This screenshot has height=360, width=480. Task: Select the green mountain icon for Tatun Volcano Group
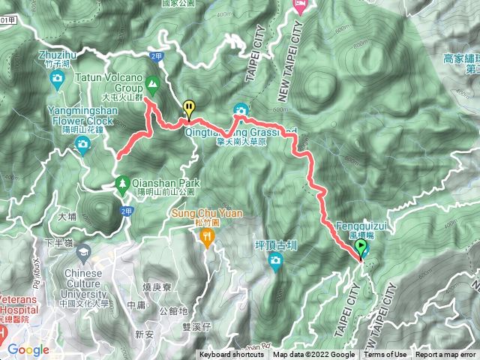click(152, 83)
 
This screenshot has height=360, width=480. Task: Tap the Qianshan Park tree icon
click(121, 181)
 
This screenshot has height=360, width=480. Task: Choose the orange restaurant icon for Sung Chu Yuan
click(207, 237)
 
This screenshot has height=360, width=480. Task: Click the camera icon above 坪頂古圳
click(276, 260)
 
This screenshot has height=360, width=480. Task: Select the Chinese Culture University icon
click(82, 250)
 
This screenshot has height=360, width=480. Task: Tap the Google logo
click(28, 349)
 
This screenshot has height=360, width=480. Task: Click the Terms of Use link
click(385, 355)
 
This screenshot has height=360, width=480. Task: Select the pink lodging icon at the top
click(298, 7)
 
